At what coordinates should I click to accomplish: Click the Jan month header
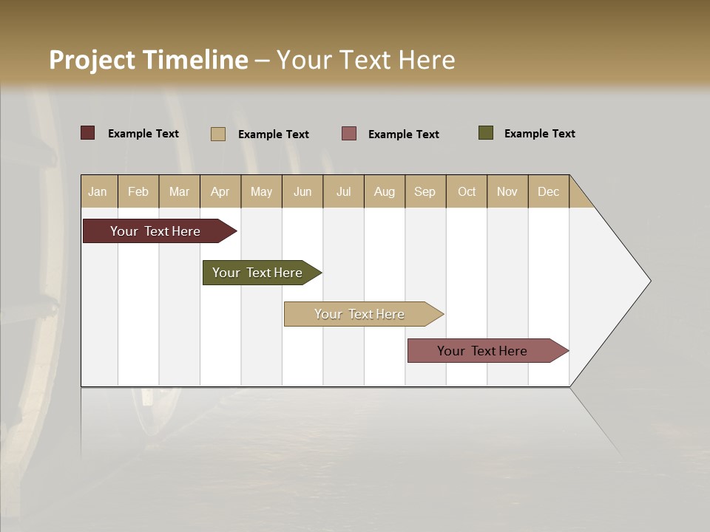point(98,191)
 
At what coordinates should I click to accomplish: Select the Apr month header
point(220,191)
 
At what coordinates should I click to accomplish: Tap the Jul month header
point(343,191)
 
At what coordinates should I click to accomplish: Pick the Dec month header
point(548,191)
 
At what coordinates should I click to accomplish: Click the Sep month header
point(425,191)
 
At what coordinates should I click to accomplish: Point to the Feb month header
point(138,191)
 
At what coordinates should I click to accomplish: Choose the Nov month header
point(507,191)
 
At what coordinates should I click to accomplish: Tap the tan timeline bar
point(360,314)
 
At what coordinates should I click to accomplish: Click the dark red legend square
point(88,133)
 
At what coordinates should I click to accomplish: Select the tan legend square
point(218,134)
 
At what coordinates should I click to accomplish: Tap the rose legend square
point(349,134)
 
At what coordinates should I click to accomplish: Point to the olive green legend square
point(486,133)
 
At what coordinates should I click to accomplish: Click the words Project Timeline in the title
point(149,60)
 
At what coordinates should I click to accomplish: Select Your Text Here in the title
point(366,60)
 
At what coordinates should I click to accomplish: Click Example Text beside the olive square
point(539,134)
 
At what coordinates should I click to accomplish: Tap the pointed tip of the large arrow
point(649,281)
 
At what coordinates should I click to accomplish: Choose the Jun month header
point(302,191)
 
